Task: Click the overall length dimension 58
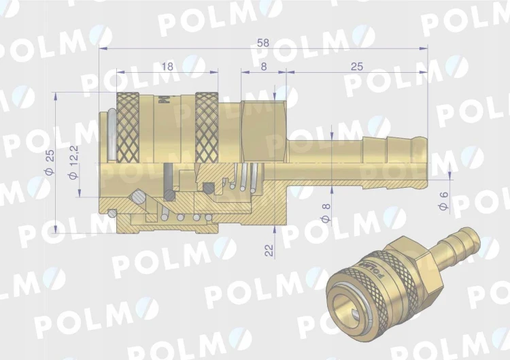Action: point(262,43)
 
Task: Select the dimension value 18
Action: point(167,67)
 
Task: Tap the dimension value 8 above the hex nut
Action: point(264,67)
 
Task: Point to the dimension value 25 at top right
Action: point(356,67)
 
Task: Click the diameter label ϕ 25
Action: point(50,162)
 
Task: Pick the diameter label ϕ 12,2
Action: point(74,162)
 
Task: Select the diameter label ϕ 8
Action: point(326,213)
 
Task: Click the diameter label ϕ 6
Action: point(443,201)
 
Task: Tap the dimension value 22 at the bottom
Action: point(270,250)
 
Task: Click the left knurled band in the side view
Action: point(128,127)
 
